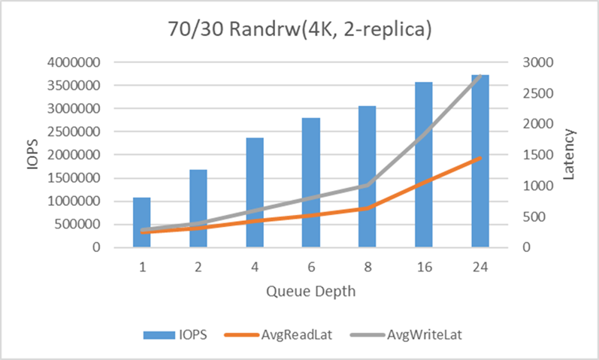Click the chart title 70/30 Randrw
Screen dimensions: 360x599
[x=299, y=32]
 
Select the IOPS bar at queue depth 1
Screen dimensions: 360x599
[x=141, y=222]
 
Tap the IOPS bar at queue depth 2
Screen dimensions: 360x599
[x=198, y=208]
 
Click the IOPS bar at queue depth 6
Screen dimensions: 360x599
[x=310, y=183]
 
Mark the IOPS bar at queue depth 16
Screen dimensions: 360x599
[x=424, y=165]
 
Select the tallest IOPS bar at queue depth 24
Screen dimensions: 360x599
[x=480, y=161]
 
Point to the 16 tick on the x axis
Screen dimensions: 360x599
[x=424, y=268]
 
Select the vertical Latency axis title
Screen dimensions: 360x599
[x=570, y=154]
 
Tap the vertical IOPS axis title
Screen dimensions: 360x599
[x=32, y=154]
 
